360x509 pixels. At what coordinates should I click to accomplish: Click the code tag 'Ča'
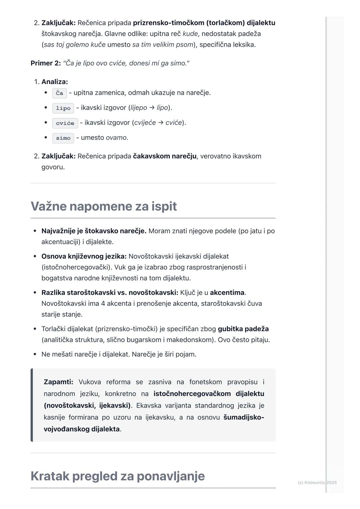pyautogui.click(x=59, y=93)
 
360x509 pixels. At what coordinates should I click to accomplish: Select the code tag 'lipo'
pyautogui.click(x=63, y=108)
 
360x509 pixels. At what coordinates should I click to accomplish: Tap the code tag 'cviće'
pyautogui.click(x=65, y=123)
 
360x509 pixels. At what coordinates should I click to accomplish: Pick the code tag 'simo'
pyautogui.click(x=63, y=138)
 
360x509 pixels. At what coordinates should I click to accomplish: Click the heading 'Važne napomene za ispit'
pyautogui.click(x=104, y=206)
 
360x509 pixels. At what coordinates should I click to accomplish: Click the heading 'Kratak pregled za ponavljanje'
pyautogui.click(x=118, y=476)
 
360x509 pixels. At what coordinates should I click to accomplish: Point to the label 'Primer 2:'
pyautogui.click(x=46, y=63)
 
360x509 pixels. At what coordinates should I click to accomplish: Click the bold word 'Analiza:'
pyautogui.click(x=55, y=82)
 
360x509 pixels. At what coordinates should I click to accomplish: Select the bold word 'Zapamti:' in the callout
pyautogui.click(x=58, y=382)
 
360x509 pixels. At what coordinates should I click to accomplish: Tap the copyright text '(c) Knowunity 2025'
pyautogui.click(x=317, y=482)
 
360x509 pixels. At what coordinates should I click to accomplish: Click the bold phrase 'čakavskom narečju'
pyautogui.click(x=165, y=156)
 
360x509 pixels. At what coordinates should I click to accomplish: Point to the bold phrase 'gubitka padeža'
pyautogui.click(x=243, y=329)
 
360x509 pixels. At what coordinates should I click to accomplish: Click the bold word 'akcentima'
pyautogui.click(x=227, y=292)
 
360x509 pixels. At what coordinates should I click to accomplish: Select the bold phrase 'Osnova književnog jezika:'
pyautogui.click(x=84, y=256)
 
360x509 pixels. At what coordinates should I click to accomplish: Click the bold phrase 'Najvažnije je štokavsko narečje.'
pyautogui.click(x=94, y=231)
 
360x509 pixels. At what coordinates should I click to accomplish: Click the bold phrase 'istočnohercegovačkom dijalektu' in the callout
pyautogui.click(x=209, y=393)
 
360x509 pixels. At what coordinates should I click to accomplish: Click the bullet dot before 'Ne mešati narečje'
pyautogui.click(x=35, y=354)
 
